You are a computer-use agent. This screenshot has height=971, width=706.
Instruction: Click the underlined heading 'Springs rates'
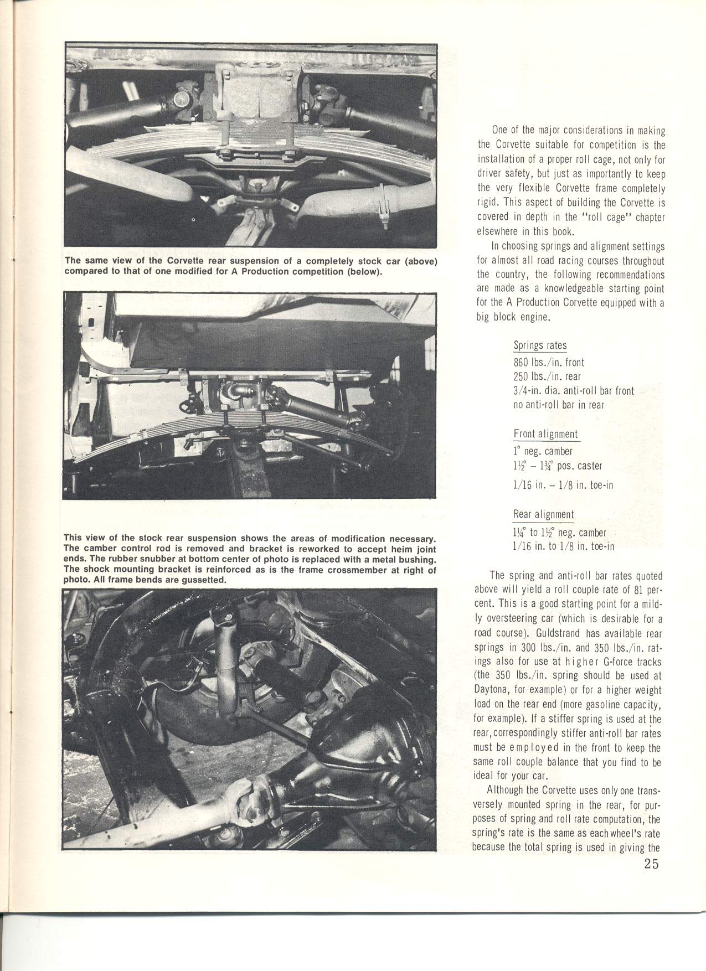pos(540,347)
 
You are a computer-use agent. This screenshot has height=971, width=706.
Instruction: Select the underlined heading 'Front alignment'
pos(546,435)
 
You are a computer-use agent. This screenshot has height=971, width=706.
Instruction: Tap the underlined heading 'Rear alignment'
pos(543,515)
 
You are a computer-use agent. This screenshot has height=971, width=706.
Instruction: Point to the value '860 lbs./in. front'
pos(549,363)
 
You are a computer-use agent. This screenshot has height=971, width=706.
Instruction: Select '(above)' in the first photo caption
pos(418,262)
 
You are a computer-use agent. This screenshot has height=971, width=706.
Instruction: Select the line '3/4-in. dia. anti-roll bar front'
pos(574,391)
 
